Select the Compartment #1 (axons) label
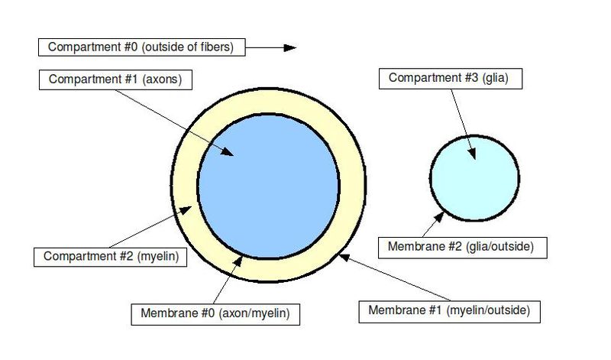coord(115,79)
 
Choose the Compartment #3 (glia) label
coord(437,77)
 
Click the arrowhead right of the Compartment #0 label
coord(289,47)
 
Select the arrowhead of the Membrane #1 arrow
coord(342,256)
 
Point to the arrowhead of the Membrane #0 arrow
coord(241,260)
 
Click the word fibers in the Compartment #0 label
coord(220,47)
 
